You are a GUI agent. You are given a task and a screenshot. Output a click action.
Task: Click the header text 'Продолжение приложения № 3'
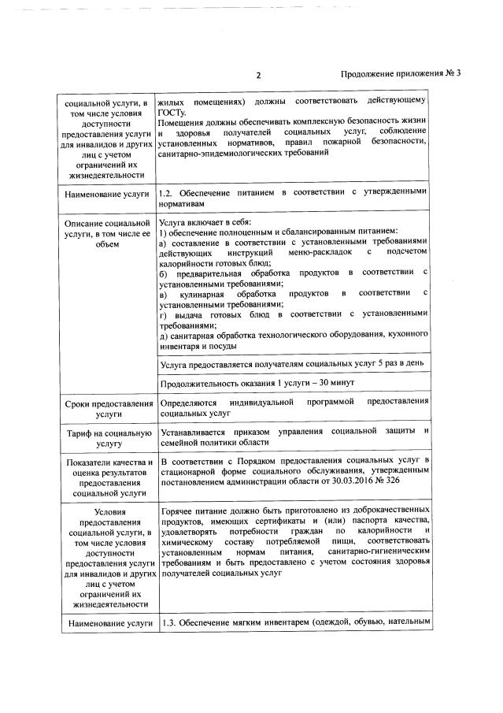tap(400, 74)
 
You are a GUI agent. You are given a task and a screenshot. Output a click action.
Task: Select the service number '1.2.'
tap(167, 192)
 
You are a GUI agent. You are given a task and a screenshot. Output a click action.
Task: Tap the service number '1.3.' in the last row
tap(167, 623)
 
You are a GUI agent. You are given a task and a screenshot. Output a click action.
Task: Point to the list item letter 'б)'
tap(163, 273)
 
